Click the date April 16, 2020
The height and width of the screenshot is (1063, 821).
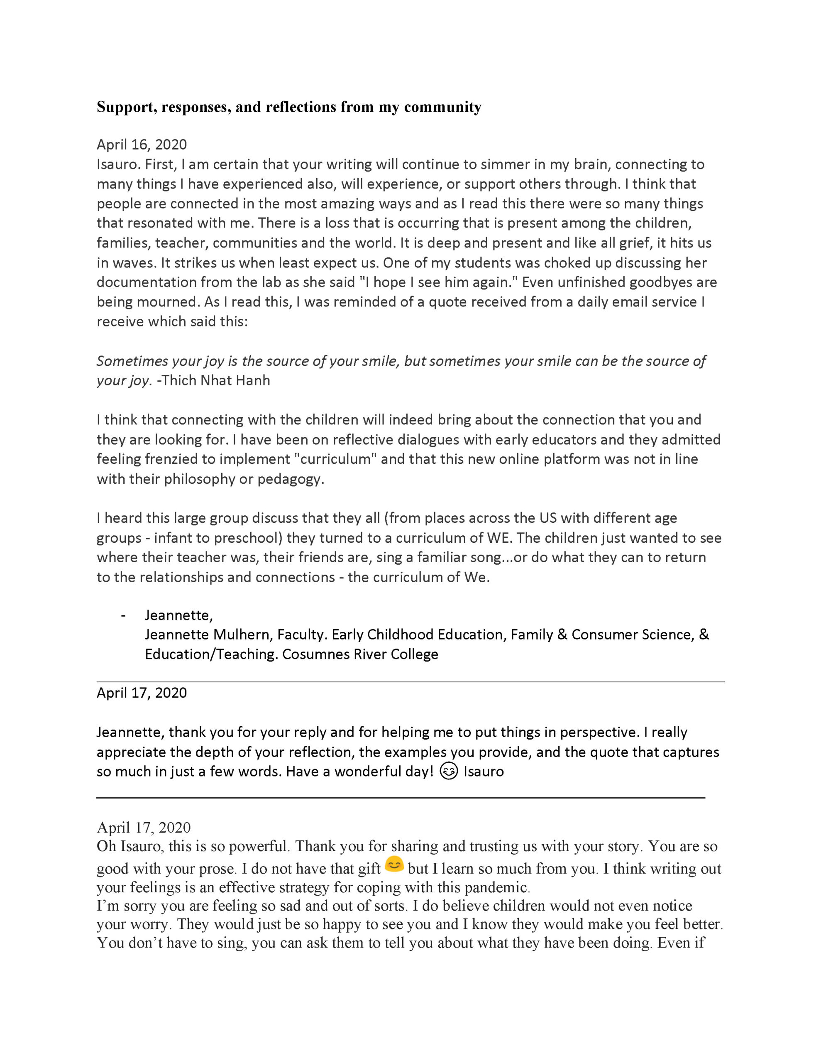pyautogui.click(x=142, y=145)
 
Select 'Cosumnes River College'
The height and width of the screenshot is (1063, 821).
pyautogui.click(x=360, y=654)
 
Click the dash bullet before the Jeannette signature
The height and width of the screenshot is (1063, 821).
pyautogui.click(x=123, y=616)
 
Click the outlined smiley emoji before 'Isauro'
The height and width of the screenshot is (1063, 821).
pyautogui.click(x=448, y=772)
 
